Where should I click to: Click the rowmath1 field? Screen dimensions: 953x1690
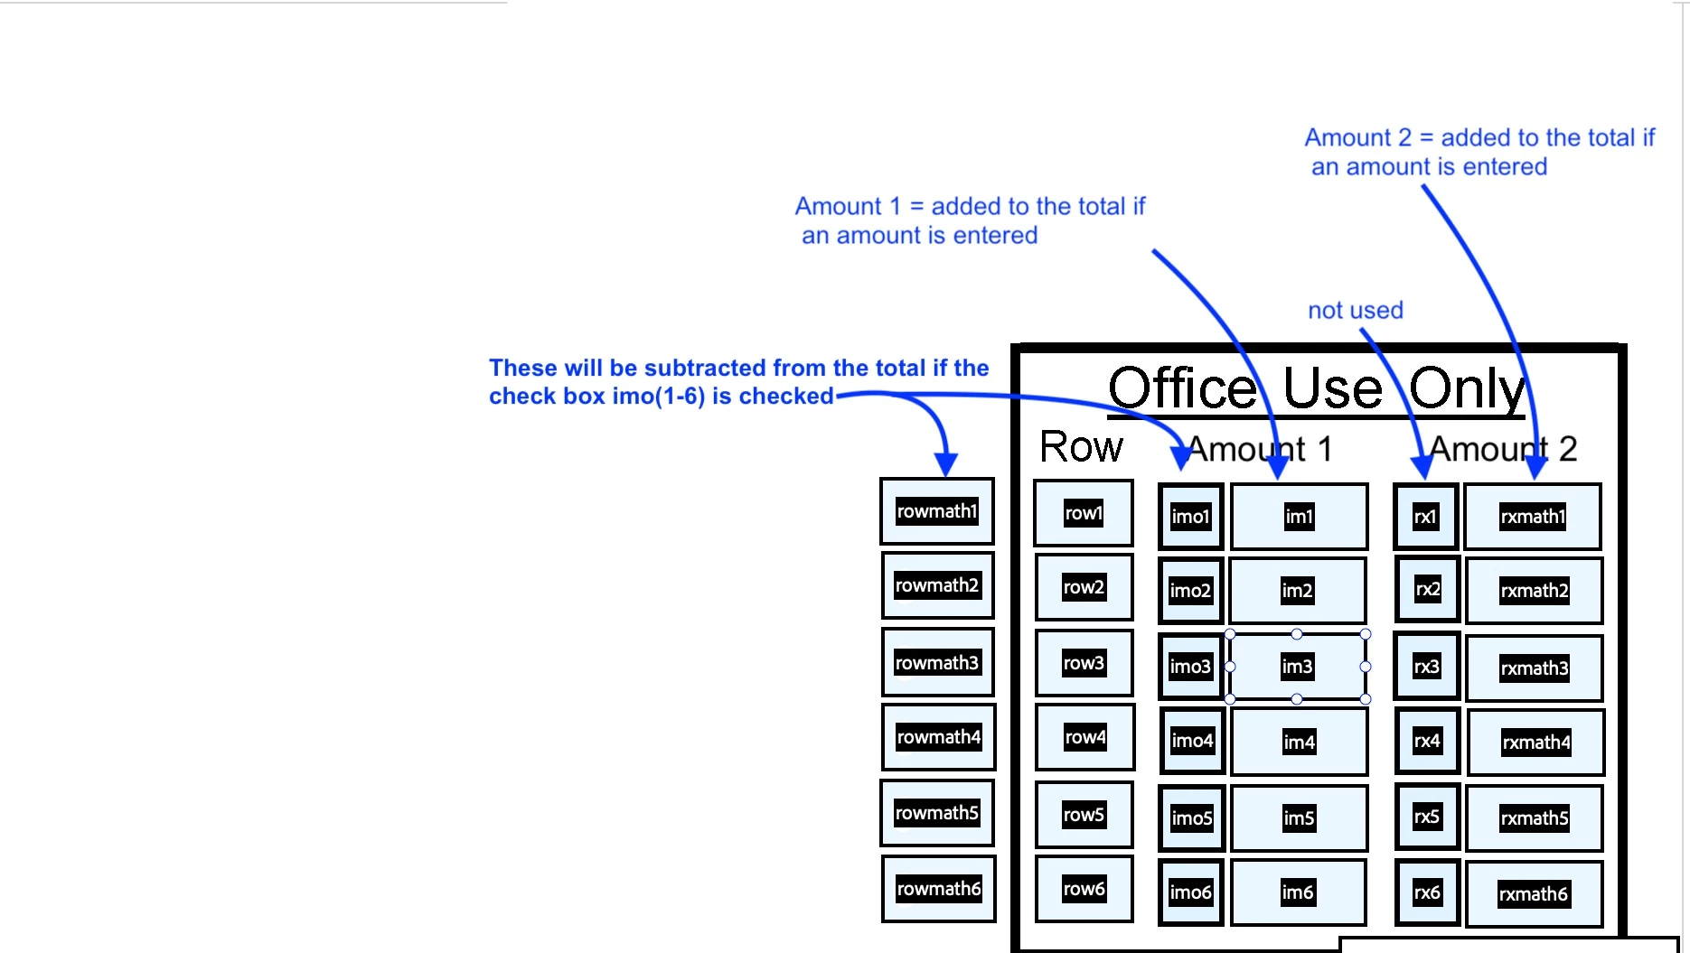point(937,511)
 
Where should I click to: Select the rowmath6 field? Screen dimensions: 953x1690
point(938,889)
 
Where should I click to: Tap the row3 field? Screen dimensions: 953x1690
point(1084,663)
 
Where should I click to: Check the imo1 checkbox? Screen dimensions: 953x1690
point(1190,517)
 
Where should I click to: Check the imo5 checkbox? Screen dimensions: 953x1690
point(1191,818)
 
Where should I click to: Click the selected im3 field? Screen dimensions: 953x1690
point(1297,667)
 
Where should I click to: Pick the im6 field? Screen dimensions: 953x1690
point(1298,892)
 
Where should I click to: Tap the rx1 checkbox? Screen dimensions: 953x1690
point(1425,517)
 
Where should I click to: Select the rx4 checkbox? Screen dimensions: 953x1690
point(1427,742)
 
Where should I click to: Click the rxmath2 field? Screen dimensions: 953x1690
point(1534,591)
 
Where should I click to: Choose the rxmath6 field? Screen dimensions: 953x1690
point(1534,894)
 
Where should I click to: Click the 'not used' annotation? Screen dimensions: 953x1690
point(1355,311)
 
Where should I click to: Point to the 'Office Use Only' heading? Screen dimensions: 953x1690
point(1316,388)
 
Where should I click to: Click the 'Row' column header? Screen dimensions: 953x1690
point(1081,447)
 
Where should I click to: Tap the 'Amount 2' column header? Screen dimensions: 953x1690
point(1502,449)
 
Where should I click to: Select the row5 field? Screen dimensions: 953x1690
point(1084,815)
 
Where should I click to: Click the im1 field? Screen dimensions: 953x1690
point(1299,517)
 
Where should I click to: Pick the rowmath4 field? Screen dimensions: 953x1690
point(938,737)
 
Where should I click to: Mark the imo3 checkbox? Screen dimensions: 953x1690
point(1190,667)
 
